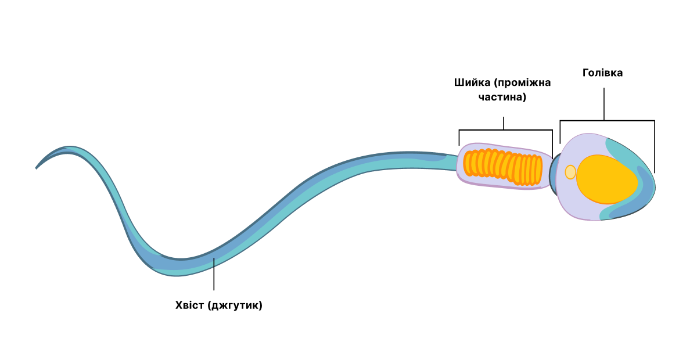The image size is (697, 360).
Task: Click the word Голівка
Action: [x=602, y=73]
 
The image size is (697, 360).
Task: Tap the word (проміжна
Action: [x=522, y=83]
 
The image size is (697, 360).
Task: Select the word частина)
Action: [x=502, y=97]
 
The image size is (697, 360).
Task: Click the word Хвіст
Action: [x=190, y=305]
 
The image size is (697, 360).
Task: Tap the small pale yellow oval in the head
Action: [x=570, y=172]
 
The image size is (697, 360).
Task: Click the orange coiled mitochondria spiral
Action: [x=502, y=167]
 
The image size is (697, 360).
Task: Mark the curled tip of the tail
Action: [x=37, y=167]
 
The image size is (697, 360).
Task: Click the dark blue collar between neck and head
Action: [x=553, y=174]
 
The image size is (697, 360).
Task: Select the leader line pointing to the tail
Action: [x=214, y=274]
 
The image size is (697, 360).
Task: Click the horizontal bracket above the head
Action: [x=607, y=121]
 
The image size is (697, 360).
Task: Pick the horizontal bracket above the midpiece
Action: [x=506, y=130]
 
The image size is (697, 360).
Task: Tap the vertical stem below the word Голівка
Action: [x=604, y=104]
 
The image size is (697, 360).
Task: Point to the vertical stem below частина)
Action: [x=504, y=123]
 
